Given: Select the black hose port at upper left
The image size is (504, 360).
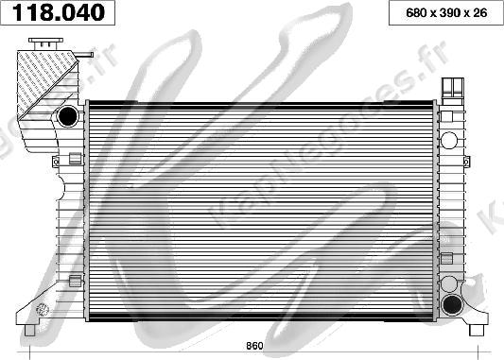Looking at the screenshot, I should point(68,116).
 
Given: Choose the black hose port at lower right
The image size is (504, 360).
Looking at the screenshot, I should point(453,304).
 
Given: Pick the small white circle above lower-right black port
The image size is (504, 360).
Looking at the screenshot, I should point(452,283).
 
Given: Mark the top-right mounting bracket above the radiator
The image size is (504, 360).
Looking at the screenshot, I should point(453,87).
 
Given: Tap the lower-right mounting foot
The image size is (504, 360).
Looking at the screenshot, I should point(476,323).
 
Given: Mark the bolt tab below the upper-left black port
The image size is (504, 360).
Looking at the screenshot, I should point(74,157).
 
